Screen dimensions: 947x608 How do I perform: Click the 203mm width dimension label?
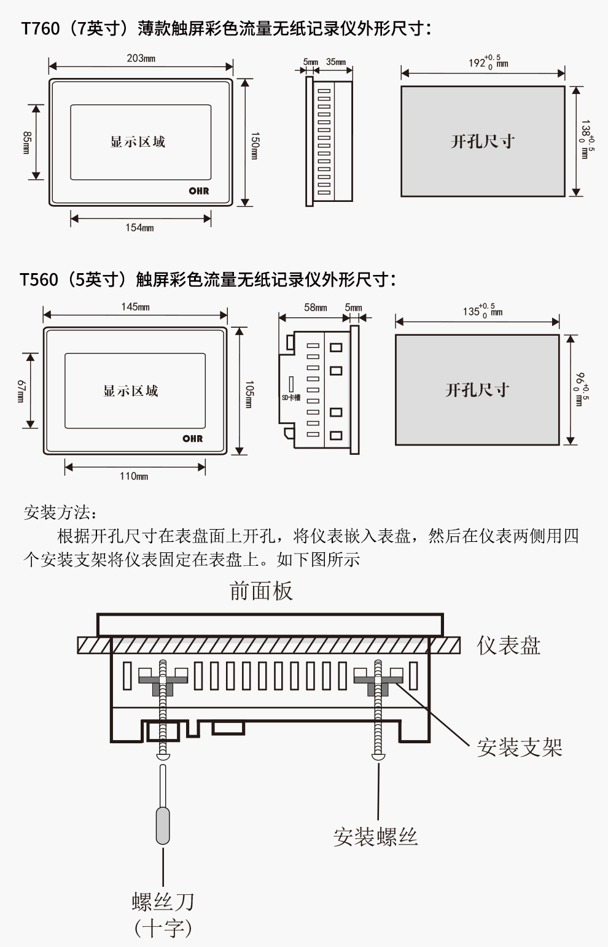[x=141, y=58]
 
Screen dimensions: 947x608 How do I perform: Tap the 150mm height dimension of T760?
[x=254, y=145]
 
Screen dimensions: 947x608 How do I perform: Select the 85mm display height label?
[x=26, y=142]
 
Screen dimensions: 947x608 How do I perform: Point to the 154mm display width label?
[x=139, y=228]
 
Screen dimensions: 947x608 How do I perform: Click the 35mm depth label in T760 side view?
[x=336, y=62]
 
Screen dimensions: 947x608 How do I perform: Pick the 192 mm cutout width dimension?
[x=488, y=62]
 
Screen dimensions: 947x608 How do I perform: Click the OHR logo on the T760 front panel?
[x=199, y=191]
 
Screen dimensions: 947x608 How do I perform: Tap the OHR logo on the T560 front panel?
[x=192, y=438]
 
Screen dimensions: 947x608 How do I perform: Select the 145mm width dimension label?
[x=135, y=307]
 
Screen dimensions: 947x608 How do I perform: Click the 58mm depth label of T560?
[x=316, y=307]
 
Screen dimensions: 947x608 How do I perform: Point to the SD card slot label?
[x=291, y=398]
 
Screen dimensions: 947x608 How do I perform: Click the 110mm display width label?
[x=134, y=476]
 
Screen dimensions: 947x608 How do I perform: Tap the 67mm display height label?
[x=20, y=390]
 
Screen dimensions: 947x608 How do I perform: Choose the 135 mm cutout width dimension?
[x=482, y=311]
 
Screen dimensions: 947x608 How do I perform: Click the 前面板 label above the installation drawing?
[x=261, y=591]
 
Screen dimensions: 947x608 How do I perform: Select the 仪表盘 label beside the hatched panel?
[x=509, y=646]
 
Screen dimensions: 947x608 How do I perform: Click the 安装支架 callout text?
[x=520, y=748]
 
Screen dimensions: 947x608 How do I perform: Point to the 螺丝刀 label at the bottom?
[x=163, y=902]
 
